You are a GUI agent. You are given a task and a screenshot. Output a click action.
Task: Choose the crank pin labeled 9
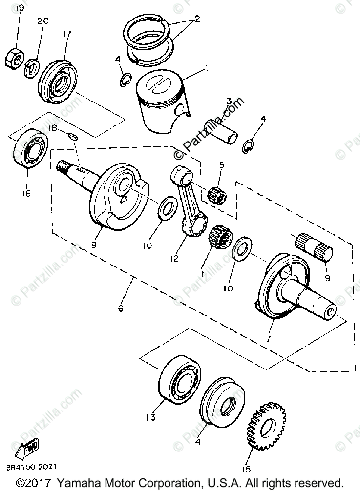click(x=314, y=248)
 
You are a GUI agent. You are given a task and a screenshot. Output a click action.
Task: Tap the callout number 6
click(x=121, y=308)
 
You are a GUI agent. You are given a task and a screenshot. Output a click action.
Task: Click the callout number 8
click(x=93, y=245)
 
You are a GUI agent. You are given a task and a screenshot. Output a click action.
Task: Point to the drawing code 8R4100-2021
click(x=28, y=467)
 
